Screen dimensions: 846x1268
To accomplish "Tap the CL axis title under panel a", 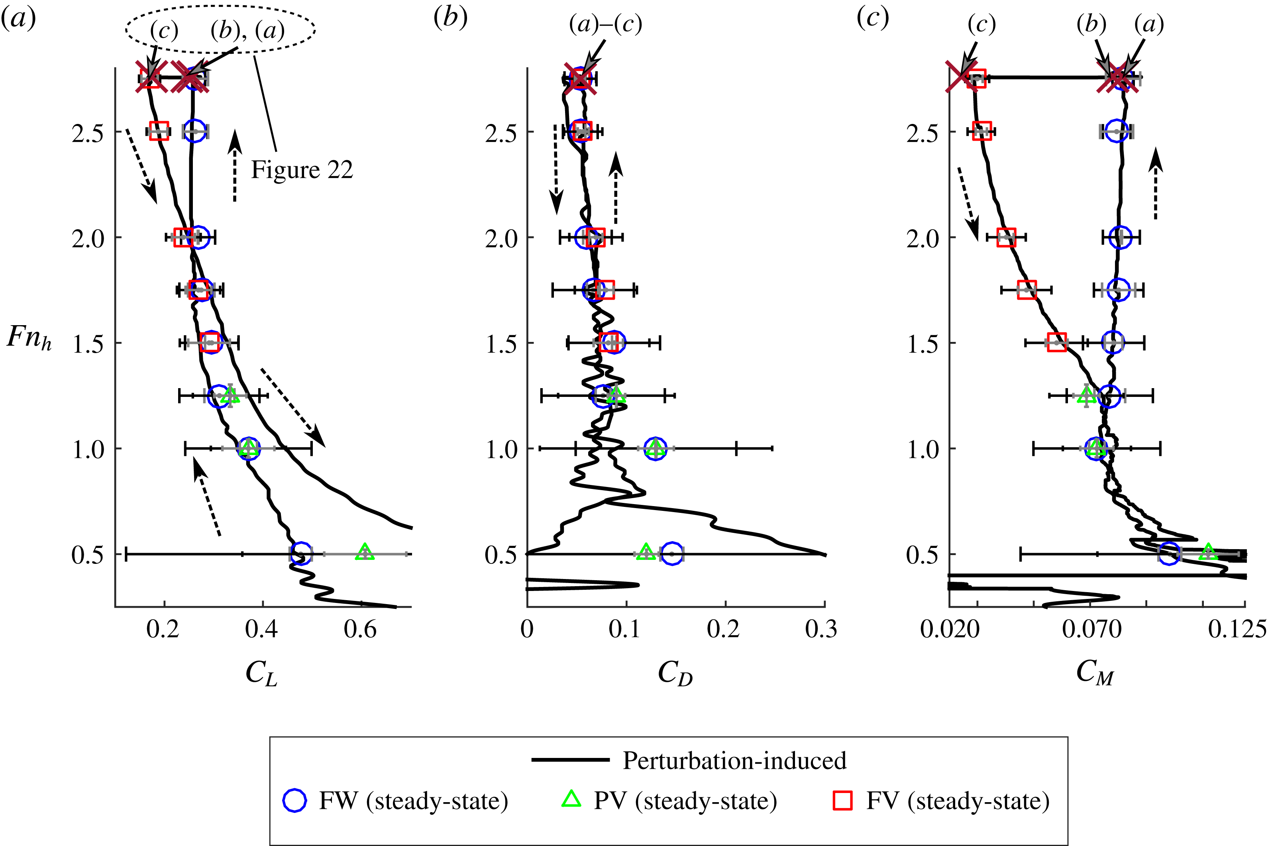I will pyautogui.click(x=261, y=674).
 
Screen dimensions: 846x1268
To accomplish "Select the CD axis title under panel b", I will pyautogui.click(x=675, y=674).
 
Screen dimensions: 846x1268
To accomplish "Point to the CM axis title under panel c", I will pyautogui.click(x=1094, y=673).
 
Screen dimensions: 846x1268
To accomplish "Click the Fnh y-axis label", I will pyautogui.click(x=29, y=338).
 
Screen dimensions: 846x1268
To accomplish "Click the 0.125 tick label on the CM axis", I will pyautogui.click(x=1237, y=630).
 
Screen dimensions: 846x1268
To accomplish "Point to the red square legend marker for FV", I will pyautogui.click(x=843, y=800).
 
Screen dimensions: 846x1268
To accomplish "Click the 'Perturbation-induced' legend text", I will pyautogui.click(x=734, y=761).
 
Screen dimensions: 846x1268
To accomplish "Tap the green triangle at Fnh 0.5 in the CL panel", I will pyautogui.click(x=365, y=552).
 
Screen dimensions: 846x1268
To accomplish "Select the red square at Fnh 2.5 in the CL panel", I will pyautogui.click(x=159, y=131).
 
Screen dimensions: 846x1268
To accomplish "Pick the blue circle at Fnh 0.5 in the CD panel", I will pyautogui.click(x=672, y=554).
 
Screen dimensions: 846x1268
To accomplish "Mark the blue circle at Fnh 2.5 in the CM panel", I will pyautogui.click(x=1116, y=131).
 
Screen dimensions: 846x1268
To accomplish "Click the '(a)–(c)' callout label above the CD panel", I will pyautogui.click(x=605, y=24).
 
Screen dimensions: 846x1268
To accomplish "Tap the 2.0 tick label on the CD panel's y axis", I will pyautogui.click(x=502, y=238).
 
